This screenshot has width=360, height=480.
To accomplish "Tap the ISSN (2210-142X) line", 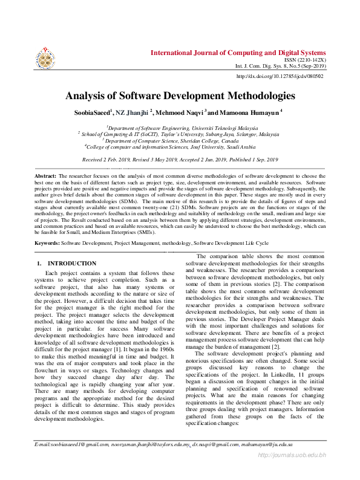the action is coord(304,61).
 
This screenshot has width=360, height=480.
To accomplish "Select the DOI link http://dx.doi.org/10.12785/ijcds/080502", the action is coord(280,76).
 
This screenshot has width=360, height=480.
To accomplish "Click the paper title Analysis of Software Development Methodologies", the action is coord(180,96).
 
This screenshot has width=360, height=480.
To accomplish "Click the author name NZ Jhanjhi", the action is coord(136,112).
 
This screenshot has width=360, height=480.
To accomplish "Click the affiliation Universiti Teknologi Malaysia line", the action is coord(180,128).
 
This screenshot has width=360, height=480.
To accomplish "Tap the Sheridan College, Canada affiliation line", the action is coord(180,140).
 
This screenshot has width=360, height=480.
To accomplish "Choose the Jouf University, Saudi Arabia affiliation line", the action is coord(180,146).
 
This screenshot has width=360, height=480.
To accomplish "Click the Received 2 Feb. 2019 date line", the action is coord(180,159).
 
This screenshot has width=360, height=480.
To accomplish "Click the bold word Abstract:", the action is coord(45,175).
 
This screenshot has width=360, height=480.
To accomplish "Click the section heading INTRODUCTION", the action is coord(71,264).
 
